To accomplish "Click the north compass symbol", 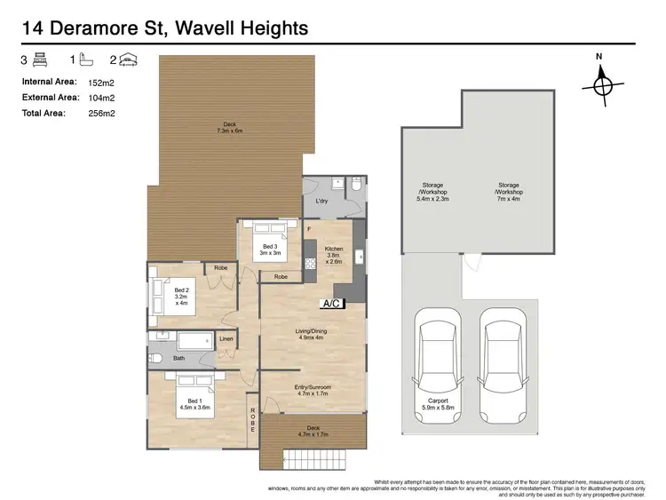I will coord(601,84).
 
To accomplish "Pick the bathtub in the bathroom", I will coord(189,340).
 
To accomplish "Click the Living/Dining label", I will coord(310,333).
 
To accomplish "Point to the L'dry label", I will coord(322,202).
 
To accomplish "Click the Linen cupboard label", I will coord(226,339).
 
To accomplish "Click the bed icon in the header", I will coord(40,60).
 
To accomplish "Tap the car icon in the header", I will coord(129,60).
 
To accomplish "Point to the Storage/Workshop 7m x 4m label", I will coord(509,192).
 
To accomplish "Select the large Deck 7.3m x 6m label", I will coord(229,127).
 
